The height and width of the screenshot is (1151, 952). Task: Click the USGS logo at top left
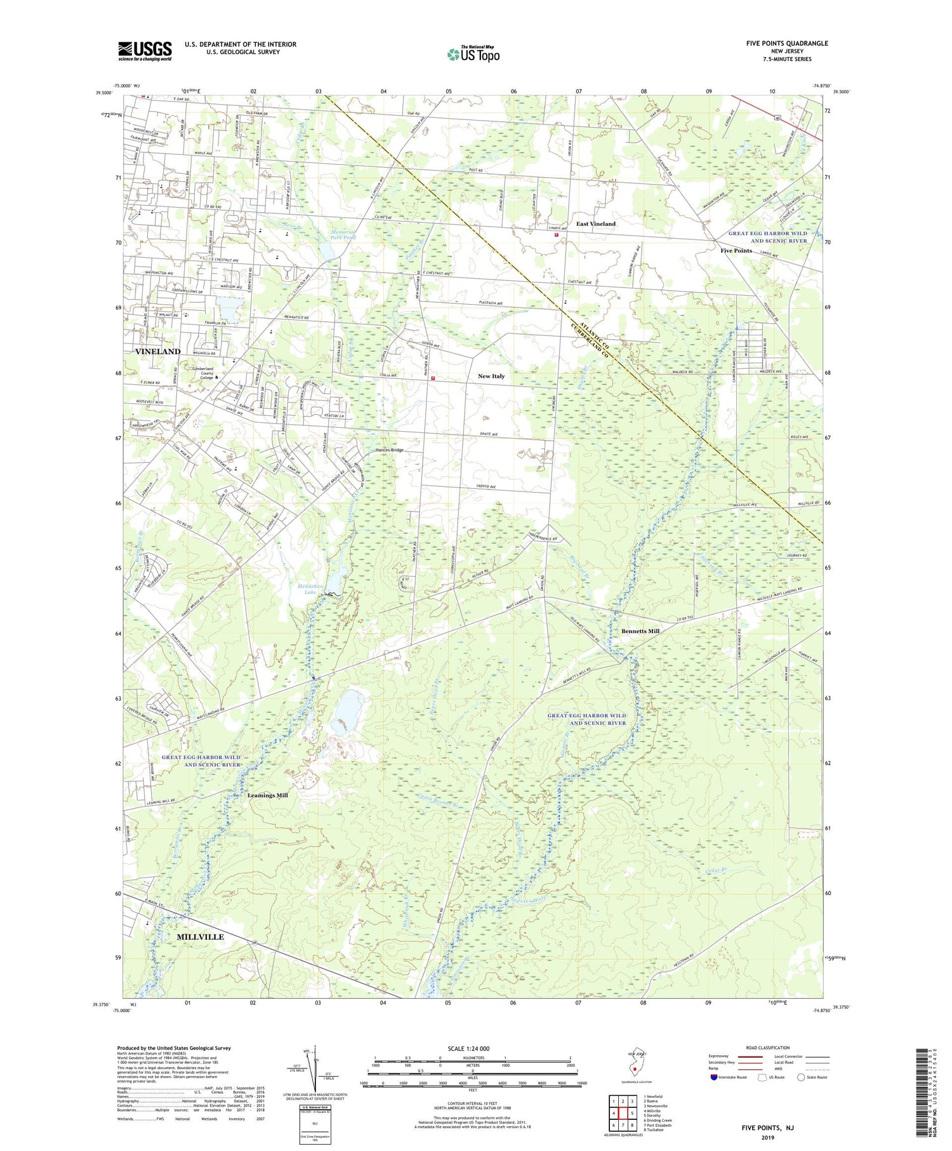coord(145,51)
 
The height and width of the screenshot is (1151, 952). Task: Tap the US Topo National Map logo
coord(473,54)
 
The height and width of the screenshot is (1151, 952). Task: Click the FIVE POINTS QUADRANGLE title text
coord(787,43)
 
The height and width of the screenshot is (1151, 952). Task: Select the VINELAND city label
coord(157,351)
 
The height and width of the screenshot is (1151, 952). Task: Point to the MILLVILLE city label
coord(200,936)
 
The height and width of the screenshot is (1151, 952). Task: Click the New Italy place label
coord(491,376)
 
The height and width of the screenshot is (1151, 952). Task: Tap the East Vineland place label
coord(595,223)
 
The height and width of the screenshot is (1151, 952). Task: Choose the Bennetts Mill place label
coord(640,631)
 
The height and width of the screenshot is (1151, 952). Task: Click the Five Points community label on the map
coord(736,250)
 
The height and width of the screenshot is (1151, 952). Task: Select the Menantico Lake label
coord(311,589)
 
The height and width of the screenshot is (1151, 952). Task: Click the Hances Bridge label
coord(389,450)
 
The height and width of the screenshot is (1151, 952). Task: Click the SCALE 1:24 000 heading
coord(472,1048)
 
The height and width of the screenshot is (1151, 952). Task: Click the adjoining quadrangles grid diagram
coord(623,1112)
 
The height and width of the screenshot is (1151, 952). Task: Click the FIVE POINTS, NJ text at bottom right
coord(768,1128)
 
